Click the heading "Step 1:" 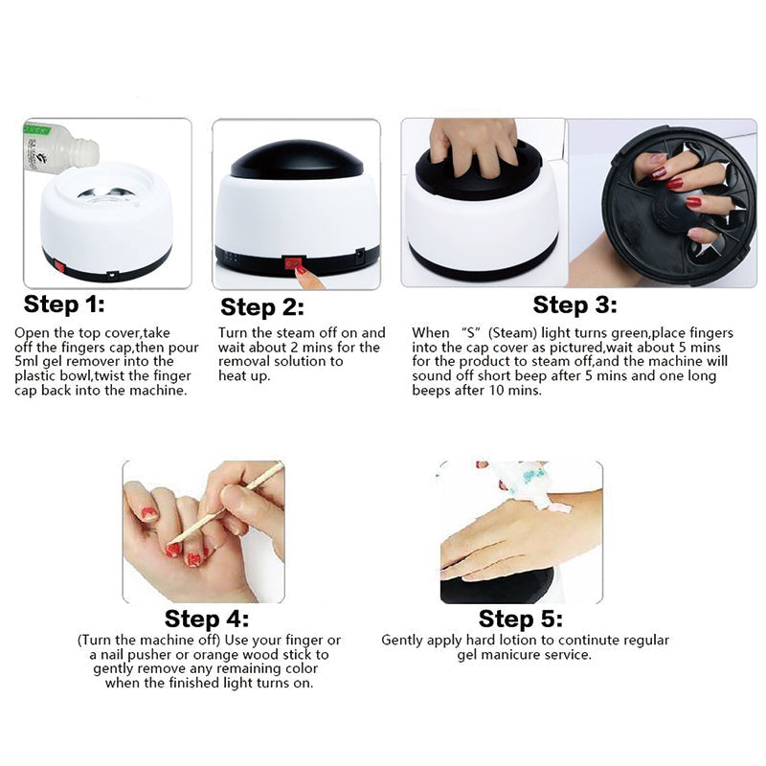(x=64, y=304)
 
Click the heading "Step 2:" (x=262, y=307)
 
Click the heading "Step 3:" (x=574, y=304)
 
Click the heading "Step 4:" (x=207, y=619)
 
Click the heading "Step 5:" (x=520, y=619)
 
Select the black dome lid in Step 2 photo (x=297, y=160)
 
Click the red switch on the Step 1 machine (x=59, y=266)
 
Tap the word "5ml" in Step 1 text (x=27, y=362)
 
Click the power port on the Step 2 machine (x=360, y=255)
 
